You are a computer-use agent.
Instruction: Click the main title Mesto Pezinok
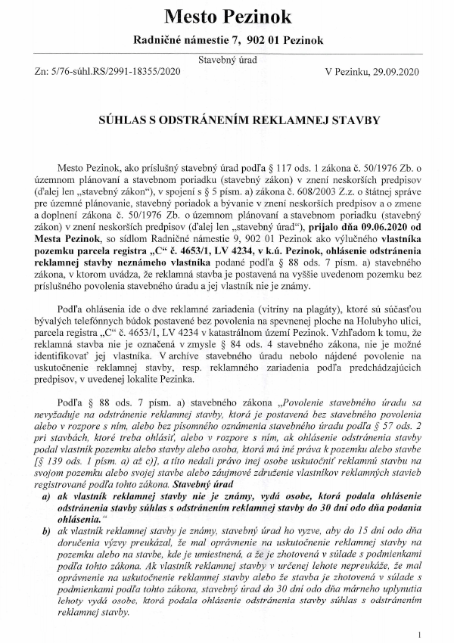pyautogui.click(x=226, y=17)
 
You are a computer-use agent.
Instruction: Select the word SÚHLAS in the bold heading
pyautogui.click(x=126, y=120)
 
